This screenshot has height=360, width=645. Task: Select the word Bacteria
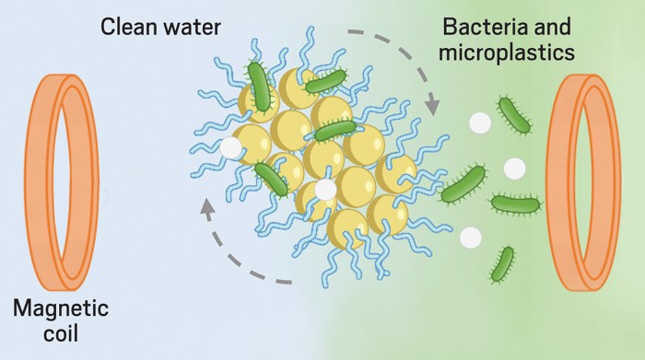click(479, 27)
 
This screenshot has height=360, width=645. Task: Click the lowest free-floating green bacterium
click(503, 263)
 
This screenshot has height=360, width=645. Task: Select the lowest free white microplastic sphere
click(470, 237)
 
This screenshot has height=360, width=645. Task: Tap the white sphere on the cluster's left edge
click(231, 145)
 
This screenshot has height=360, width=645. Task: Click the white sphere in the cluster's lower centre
click(325, 189)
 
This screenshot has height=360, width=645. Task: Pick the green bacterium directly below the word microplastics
click(513, 114)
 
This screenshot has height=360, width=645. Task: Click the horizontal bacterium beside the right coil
click(515, 202)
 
